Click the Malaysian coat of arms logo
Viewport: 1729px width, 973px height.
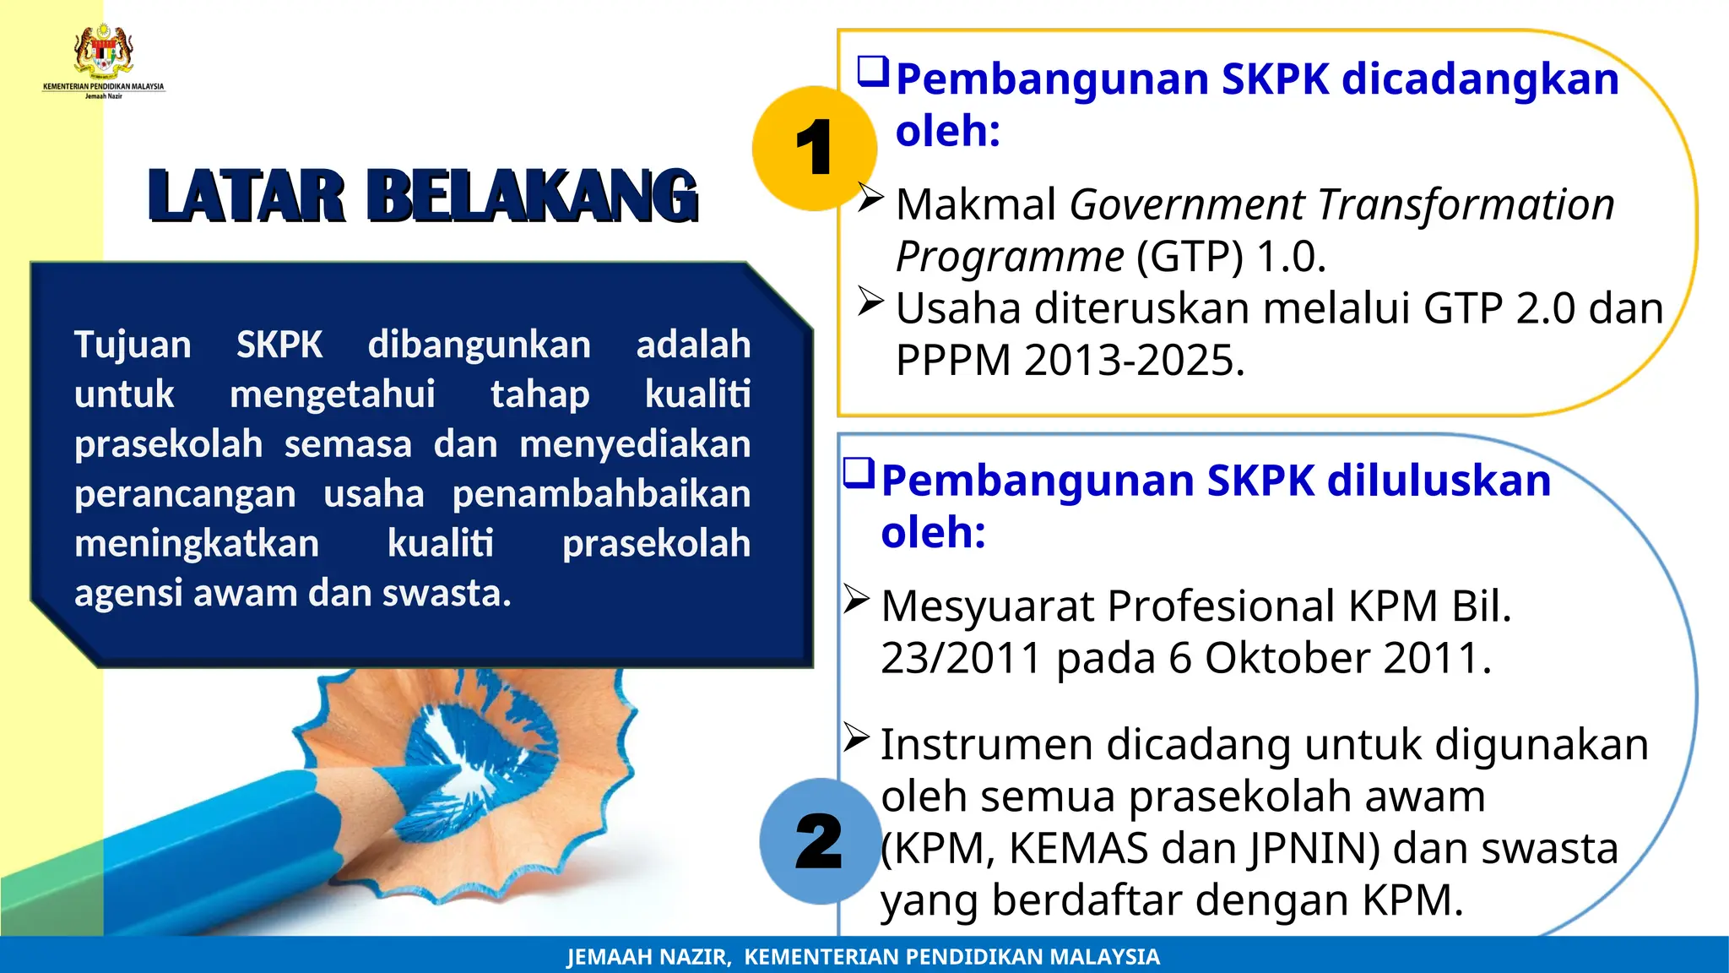(104, 52)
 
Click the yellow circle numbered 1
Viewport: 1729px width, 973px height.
(814, 149)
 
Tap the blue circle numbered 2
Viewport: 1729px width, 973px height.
(820, 841)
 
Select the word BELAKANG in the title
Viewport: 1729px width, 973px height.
(533, 197)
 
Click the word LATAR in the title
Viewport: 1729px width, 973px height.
(247, 197)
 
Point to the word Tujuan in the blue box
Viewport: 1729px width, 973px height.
(133, 345)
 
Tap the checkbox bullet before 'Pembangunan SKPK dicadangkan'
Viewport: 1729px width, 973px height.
(873, 72)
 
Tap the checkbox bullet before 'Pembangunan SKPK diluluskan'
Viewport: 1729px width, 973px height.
(859, 473)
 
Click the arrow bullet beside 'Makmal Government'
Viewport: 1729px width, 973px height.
(870, 198)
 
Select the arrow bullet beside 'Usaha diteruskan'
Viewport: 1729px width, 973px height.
(870, 302)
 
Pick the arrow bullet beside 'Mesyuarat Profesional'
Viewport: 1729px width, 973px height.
(856, 600)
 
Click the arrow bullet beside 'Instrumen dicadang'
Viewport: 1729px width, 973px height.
(856, 738)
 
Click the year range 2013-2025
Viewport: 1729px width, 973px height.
(1134, 361)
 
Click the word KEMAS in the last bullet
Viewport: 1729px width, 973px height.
(1078, 848)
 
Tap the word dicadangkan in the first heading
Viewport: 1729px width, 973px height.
(1480, 79)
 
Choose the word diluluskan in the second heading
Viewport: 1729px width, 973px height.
(1439, 481)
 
